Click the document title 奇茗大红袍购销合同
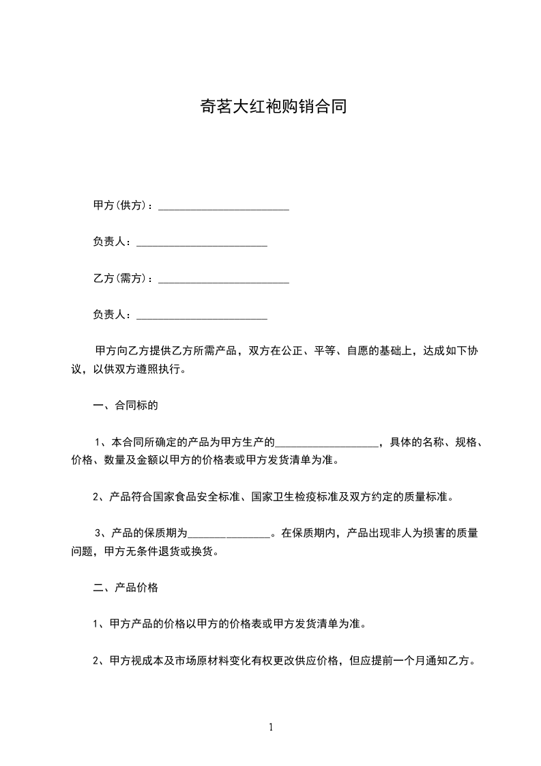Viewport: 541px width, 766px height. [270, 107]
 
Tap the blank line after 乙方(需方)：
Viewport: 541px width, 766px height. [224, 279]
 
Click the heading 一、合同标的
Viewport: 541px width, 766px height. [126, 406]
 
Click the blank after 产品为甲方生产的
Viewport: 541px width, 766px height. [327, 442]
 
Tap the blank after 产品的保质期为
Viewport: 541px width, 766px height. [229, 534]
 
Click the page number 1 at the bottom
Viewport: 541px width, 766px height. [271, 727]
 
